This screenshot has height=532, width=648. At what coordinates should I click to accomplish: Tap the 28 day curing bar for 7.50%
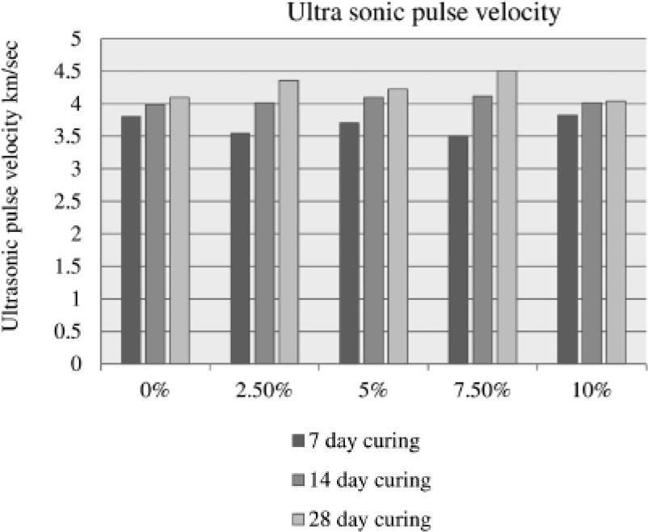pyautogui.click(x=507, y=217)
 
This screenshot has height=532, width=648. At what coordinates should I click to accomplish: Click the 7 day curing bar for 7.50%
pyautogui.click(x=457, y=250)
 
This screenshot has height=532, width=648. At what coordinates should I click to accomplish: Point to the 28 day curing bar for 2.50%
pyautogui.click(x=288, y=222)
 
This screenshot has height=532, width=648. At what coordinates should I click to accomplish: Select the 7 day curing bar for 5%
pyautogui.click(x=349, y=243)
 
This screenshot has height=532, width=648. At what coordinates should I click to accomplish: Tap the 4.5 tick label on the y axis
pyautogui.click(x=76, y=72)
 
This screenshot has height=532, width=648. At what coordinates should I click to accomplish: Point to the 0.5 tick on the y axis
pyautogui.click(x=76, y=331)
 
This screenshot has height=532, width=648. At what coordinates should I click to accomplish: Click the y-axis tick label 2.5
pyautogui.click(x=76, y=201)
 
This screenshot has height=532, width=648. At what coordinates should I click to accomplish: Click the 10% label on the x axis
pyautogui.click(x=591, y=391)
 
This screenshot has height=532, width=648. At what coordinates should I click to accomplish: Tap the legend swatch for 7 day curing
pyautogui.click(x=297, y=442)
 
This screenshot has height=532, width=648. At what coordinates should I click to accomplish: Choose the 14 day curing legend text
pyautogui.click(x=370, y=480)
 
